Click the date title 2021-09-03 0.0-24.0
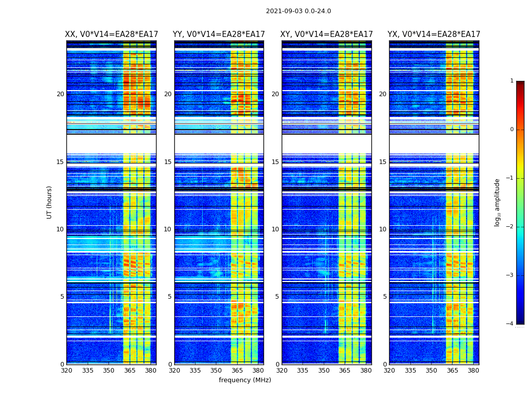coord(298,11)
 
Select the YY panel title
coord(219,34)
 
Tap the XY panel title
coord(327,34)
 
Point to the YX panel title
coord(434,34)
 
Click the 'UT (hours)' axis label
coord(49,202)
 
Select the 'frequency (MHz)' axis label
coord(245,380)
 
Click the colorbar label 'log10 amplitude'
coord(498,202)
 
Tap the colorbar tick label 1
coord(511,81)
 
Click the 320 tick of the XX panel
coord(66,371)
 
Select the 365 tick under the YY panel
coord(237,371)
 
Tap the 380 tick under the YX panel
coord(473,371)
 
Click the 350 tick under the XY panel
coord(324,371)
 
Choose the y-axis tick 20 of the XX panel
coord(60,94)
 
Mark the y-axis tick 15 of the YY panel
coord(168,162)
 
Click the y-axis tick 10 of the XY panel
coord(275,229)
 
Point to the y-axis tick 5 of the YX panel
coord(385,297)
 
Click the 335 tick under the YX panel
coord(410,371)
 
